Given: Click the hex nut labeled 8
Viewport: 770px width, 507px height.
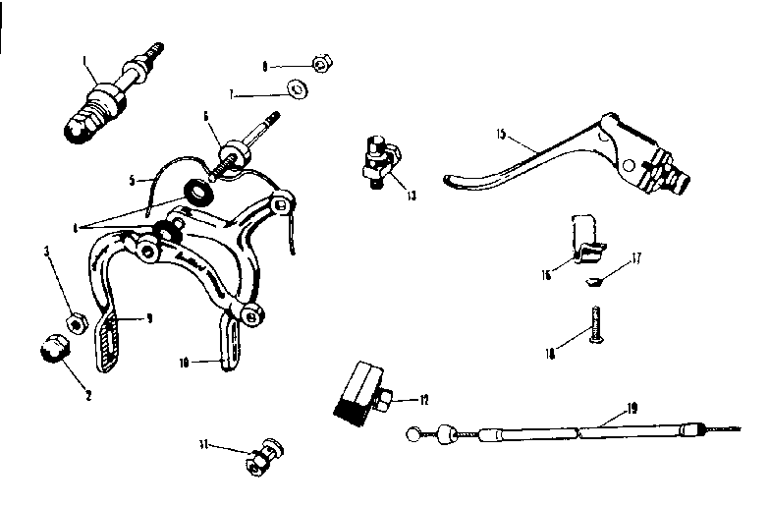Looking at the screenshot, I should point(319,66).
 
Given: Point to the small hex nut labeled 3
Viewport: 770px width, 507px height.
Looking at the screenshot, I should point(72,322).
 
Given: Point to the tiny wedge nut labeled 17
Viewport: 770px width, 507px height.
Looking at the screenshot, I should point(592,281).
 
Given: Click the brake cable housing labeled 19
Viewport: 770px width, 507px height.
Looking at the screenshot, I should point(570,431).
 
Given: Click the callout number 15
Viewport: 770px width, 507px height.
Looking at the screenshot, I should point(500,132).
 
